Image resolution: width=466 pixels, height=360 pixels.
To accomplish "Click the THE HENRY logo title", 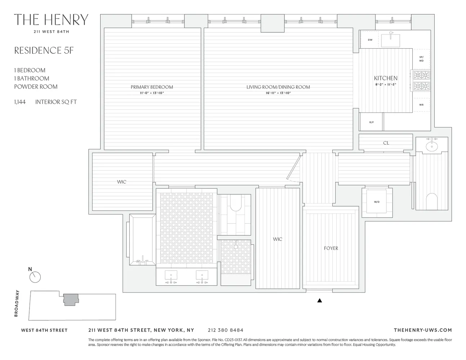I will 51,20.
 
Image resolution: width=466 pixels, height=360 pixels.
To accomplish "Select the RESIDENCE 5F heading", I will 44,50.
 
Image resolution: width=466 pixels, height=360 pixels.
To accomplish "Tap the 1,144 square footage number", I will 20,102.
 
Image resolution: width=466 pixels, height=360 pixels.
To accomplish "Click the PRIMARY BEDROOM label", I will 152,87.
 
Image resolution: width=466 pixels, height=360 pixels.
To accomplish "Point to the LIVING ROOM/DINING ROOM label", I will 278,87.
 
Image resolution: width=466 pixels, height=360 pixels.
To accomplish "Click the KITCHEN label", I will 385,78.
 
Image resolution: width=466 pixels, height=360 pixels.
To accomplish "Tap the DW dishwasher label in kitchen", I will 370,40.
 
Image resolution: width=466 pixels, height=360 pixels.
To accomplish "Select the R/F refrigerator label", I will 371,122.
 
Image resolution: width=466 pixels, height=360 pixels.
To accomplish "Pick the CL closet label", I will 386,143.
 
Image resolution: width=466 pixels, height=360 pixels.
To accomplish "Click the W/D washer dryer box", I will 377,202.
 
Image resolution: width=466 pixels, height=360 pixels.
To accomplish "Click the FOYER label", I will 331,248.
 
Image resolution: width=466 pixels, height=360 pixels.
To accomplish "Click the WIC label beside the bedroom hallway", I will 121,182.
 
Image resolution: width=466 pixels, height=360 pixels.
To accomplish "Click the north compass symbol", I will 35,276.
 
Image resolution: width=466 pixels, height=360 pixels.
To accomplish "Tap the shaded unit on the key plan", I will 71,300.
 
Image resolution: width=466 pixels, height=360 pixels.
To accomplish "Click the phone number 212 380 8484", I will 225,330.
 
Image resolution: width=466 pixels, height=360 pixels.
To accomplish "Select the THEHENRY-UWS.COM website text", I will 422,330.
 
